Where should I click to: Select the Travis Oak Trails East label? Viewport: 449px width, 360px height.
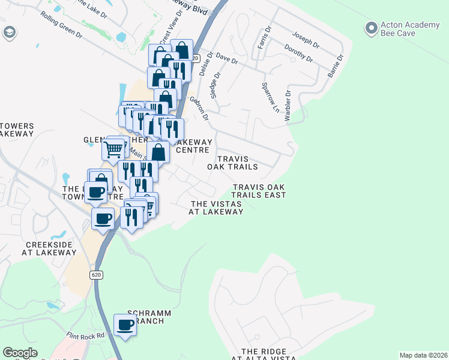coord(259,191)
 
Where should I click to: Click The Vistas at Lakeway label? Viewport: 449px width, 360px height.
coord(216,208)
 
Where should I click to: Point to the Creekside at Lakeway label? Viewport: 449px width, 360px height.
coord(51,249)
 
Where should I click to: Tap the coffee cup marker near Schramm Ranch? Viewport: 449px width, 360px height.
coord(125,325)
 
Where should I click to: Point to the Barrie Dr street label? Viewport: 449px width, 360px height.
coord(335,67)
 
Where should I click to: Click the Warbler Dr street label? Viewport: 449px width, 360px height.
coord(289,106)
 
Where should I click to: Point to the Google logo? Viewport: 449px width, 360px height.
coord(20,353)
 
